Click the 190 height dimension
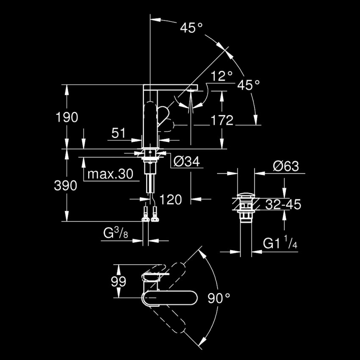pyautogui.click(x=67, y=117)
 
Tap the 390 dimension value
pyautogui.click(x=65, y=186)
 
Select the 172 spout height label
pyautogui.click(x=222, y=120)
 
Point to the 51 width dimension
pyautogui.click(x=119, y=133)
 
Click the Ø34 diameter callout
pyautogui.click(x=187, y=162)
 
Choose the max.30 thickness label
pyautogui.click(x=110, y=174)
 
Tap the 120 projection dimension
pyautogui.click(x=170, y=199)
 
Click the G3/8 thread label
pyautogui.click(x=116, y=233)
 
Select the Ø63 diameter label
pyautogui.click(x=286, y=166)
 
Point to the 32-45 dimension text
pyautogui.click(x=283, y=204)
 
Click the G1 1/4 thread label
pyautogui.click(x=280, y=243)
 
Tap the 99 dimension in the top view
pyautogui.click(x=119, y=282)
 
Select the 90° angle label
pyautogui.click(x=219, y=298)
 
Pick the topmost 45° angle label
pyautogui.click(x=191, y=28)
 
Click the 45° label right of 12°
pyautogui.click(x=249, y=85)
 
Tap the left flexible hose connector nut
pyautogui.click(x=146, y=214)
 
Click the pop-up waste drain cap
pyautogui.click(x=246, y=195)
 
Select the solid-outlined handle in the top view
pyautogui.click(x=169, y=298)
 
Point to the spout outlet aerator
pyautogui.click(x=191, y=91)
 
